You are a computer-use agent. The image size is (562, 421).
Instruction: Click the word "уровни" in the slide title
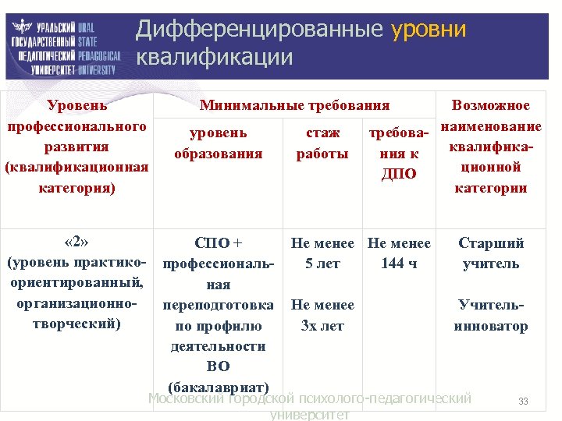click(x=429, y=30)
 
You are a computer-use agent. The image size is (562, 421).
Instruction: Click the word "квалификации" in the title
click(x=215, y=57)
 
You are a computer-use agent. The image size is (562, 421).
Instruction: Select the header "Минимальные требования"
click(x=294, y=105)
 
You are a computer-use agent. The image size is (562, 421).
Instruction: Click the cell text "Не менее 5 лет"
click(x=322, y=253)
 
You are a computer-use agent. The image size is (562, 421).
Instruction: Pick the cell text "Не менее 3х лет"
click(x=322, y=315)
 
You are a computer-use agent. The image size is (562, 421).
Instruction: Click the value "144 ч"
click(x=399, y=264)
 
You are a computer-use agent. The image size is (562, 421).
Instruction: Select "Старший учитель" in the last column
click(x=490, y=253)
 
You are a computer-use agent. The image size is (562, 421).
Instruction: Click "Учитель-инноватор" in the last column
click(x=490, y=315)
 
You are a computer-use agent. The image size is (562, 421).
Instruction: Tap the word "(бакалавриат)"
click(x=218, y=387)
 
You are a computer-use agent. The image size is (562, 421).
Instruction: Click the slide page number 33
click(x=523, y=402)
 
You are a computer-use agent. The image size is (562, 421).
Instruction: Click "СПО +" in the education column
click(x=218, y=242)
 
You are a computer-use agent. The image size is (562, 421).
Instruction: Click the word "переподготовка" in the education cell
click(x=218, y=304)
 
